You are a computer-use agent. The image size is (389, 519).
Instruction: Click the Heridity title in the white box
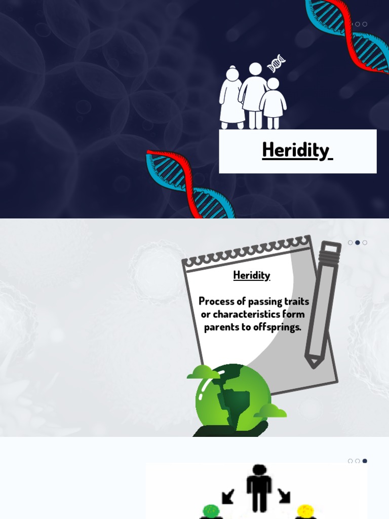297,150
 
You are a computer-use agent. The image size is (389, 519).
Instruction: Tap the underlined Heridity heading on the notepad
252,275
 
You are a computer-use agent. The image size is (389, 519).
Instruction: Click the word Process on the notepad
216,302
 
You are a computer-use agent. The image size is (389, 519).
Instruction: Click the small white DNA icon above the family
277,63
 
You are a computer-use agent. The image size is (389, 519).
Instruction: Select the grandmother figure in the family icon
231,99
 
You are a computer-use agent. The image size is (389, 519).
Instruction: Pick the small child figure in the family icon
273,104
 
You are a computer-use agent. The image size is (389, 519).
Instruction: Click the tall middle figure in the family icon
254,94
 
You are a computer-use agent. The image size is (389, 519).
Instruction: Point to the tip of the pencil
314,363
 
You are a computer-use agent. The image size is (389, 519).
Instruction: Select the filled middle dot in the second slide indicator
358,243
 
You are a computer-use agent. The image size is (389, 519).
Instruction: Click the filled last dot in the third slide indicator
365,461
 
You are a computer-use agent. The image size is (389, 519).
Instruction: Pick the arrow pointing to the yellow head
284,496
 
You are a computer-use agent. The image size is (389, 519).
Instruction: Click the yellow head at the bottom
305,511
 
